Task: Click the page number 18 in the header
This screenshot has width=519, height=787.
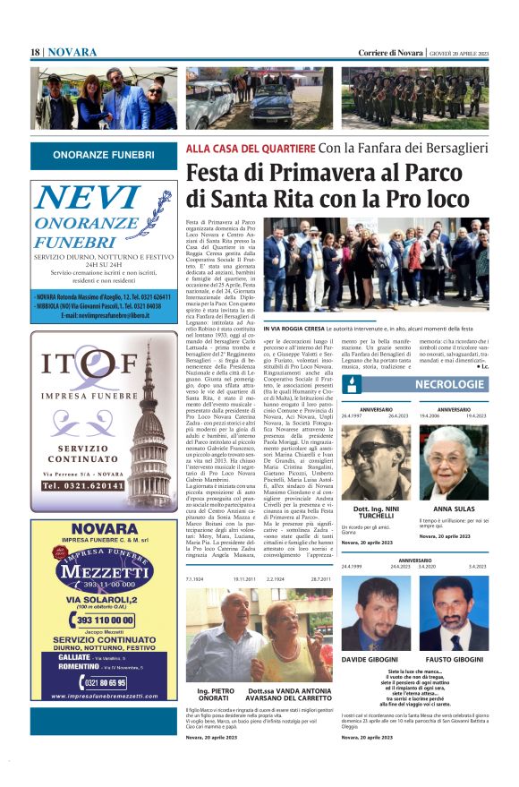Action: coord(35,53)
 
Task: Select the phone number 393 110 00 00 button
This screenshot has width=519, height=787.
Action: coord(104,620)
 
